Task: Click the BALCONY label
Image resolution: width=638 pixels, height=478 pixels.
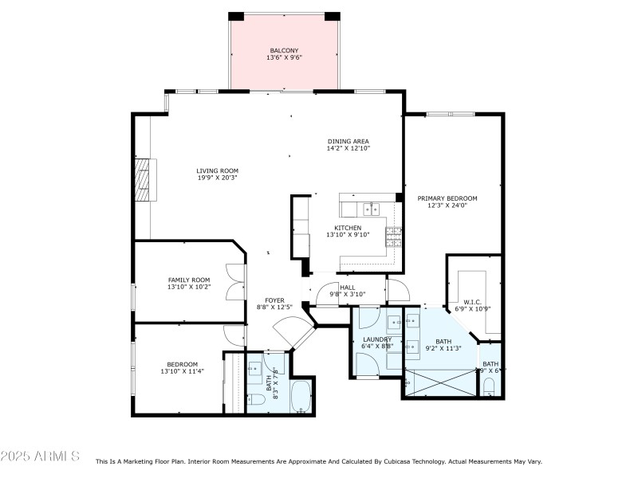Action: pyautogui.click(x=283, y=50)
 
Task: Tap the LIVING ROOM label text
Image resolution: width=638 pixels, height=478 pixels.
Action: pyautogui.click(x=217, y=170)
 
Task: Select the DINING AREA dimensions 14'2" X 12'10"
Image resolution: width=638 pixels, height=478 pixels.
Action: pyautogui.click(x=348, y=148)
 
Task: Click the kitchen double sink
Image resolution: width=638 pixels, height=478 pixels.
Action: pyautogui.click(x=371, y=210)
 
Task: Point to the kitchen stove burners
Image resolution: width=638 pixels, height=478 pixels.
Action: pyautogui.click(x=393, y=236)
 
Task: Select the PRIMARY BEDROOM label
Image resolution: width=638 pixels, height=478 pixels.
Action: pyautogui.click(x=447, y=198)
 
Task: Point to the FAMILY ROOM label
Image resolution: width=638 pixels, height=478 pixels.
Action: pyautogui.click(x=188, y=280)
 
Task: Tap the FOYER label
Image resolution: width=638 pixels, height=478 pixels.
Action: pyautogui.click(x=274, y=300)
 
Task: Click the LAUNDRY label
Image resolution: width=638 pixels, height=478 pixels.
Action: pyautogui.click(x=377, y=339)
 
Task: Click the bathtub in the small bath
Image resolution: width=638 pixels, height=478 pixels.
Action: pyautogui.click(x=301, y=397)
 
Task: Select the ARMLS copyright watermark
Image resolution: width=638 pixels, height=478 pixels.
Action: pyautogui.click(x=40, y=456)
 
